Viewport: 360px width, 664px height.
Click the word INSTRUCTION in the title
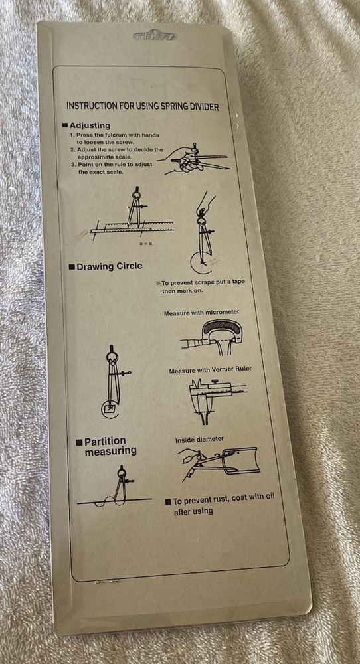pos(91,106)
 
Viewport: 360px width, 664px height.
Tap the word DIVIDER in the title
pos(203,106)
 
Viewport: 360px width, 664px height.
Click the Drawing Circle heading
pos(105,266)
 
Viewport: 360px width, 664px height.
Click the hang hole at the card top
pos(155,36)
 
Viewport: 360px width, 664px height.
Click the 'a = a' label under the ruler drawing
pos(145,244)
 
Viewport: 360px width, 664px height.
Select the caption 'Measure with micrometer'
pos(202,313)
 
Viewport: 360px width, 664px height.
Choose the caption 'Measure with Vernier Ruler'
pos(210,370)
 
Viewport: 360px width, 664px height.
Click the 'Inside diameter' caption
pos(199,440)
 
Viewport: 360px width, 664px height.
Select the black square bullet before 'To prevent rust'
pos(168,502)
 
